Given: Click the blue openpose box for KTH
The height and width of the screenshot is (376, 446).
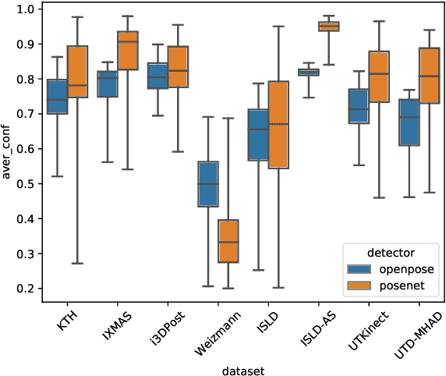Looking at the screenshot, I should pyautogui.click(x=57, y=97).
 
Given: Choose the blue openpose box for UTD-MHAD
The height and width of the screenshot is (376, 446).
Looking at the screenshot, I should pyautogui.click(x=409, y=122).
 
